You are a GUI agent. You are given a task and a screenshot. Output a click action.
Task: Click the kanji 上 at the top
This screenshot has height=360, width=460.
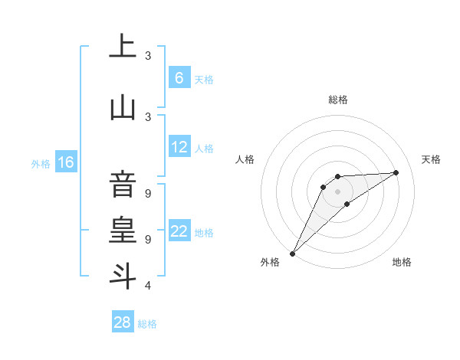(x=123, y=47)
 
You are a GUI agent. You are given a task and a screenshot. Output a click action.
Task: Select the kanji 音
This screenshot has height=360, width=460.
(x=123, y=184)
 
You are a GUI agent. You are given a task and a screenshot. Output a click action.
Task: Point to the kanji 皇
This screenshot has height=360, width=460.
(x=123, y=230)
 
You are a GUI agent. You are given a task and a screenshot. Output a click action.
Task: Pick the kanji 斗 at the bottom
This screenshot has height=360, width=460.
(x=123, y=276)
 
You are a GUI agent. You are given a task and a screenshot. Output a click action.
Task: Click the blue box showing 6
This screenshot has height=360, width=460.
(x=179, y=77)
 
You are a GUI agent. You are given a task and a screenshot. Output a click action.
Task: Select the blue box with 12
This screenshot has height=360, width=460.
(x=179, y=148)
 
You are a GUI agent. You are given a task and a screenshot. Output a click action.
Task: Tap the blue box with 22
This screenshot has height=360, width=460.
(x=179, y=231)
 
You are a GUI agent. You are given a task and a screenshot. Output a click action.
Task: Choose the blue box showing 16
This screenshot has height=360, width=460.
(x=65, y=162)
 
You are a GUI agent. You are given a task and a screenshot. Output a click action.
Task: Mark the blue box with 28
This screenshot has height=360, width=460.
(x=123, y=322)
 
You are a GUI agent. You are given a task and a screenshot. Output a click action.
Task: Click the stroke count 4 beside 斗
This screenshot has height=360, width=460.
(x=148, y=286)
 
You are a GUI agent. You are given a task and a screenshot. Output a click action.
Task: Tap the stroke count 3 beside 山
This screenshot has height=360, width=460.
(x=148, y=116)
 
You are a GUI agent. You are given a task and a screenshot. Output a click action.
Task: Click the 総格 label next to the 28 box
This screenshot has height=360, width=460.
(x=147, y=324)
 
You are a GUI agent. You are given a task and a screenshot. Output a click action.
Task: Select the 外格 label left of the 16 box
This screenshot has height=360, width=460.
(x=40, y=163)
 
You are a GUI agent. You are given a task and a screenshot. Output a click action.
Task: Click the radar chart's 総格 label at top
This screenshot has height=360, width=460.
(x=337, y=100)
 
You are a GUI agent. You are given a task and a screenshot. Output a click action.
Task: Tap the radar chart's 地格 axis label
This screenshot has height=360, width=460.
(x=402, y=262)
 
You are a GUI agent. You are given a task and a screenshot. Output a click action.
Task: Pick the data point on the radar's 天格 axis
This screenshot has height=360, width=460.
(x=396, y=172)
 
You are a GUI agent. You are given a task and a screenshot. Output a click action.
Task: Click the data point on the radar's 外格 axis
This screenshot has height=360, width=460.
(x=292, y=253)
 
